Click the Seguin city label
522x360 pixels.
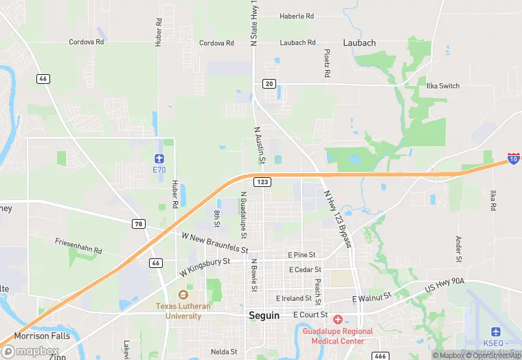(x=264, y=315)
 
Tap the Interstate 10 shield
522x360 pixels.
(x=513, y=158)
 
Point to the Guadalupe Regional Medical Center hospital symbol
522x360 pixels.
(x=337, y=319)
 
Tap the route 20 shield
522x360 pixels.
(x=269, y=84)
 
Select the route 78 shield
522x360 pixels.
(x=139, y=224)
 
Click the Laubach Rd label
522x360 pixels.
(x=297, y=43)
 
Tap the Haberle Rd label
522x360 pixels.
(x=297, y=16)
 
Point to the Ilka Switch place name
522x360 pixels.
(x=443, y=86)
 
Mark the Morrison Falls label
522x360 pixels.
(x=42, y=335)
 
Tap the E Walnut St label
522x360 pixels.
(x=371, y=298)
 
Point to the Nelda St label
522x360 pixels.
(x=224, y=352)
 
